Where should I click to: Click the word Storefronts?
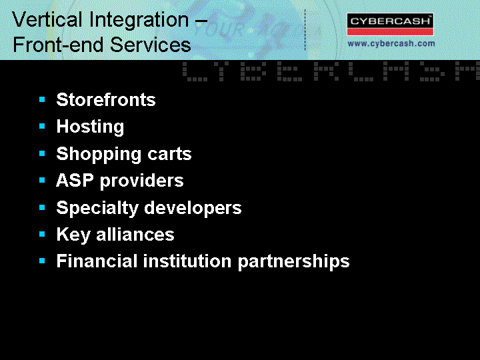pyautogui.click(x=106, y=99)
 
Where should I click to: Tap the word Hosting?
pyautogui.click(x=90, y=127)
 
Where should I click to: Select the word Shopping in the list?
pyautogui.click(x=98, y=154)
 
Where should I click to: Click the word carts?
pyautogui.click(x=169, y=154)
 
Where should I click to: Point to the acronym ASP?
pyautogui.click(x=75, y=180)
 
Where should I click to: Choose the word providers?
pyautogui.click(x=142, y=181)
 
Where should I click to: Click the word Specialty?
pyautogui.click(x=97, y=208)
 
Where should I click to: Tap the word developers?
pyautogui.click(x=193, y=208)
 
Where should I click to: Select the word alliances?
pyautogui.click(x=135, y=235)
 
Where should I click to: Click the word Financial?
pyautogui.click(x=97, y=261)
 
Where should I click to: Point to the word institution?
pyautogui.click(x=187, y=261)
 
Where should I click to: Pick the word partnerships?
pyautogui.click(x=293, y=262)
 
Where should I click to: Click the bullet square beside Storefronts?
pyautogui.click(x=42, y=99)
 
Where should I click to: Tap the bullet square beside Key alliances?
pyautogui.click(x=42, y=235)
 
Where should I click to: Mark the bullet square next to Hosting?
pyautogui.click(x=42, y=126)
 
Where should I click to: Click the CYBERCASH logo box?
pyautogui.click(x=390, y=25)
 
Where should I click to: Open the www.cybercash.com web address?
pyautogui.click(x=391, y=44)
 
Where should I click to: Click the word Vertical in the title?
pyautogui.click(x=47, y=20)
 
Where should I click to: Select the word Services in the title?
pyautogui.click(x=150, y=45)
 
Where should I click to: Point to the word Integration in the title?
pyautogui.click(x=139, y=21)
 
